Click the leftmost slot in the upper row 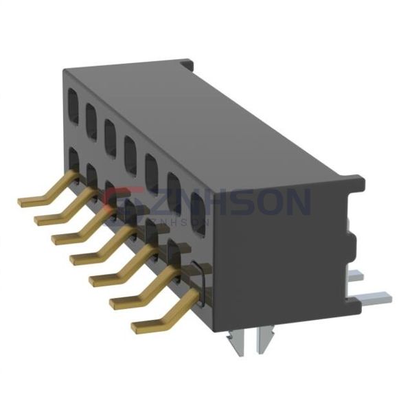point(73,101)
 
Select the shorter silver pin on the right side point(358,275)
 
